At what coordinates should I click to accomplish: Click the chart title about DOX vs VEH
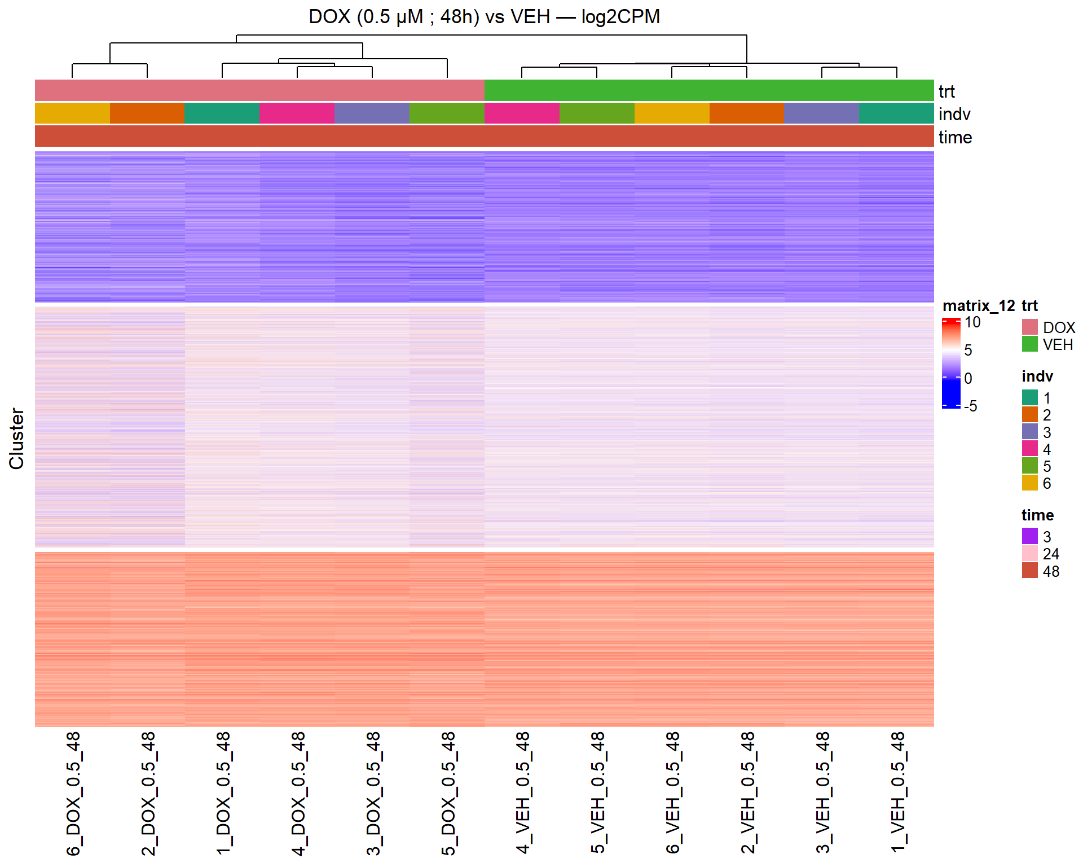coord(484,16)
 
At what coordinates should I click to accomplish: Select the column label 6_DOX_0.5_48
coord(73,793)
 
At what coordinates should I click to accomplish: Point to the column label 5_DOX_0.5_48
coord(448,793)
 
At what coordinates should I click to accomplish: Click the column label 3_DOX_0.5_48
coord(373,793)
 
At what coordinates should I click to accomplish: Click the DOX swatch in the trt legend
coord(1029,327)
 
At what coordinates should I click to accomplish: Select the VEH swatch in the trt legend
coord(1029,344)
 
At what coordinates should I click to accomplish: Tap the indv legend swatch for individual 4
coord(1029,449)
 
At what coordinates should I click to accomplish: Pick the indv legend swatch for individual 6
coord(1029,483)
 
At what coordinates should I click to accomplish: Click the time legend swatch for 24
coord(1029,553)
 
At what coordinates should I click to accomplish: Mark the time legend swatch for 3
coord(1029,536)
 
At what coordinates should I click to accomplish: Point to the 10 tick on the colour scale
coord(972,322)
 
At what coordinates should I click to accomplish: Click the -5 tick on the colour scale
coord(970,406)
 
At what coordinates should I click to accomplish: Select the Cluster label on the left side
coord(16,439)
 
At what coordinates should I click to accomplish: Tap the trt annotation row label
coord(946,91)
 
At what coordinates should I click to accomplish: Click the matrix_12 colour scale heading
coord(978,305)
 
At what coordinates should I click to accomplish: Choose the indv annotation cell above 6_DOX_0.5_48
coord(72,113)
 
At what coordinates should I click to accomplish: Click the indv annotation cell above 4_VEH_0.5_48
coord(522,113)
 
